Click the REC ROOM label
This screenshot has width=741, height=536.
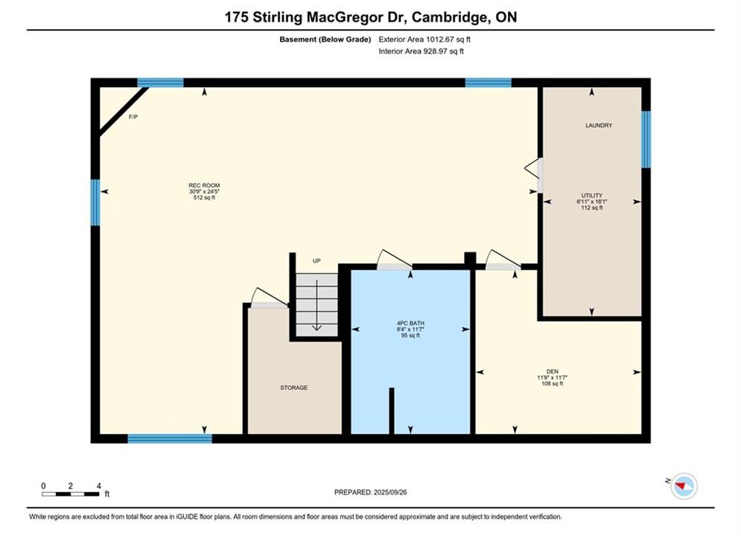pyautogui.click(x=204, y=185)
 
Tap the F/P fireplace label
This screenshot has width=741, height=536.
pyautogui.click(x=133, y=117)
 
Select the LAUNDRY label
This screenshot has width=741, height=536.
pyautogui.click(x=599, y=125)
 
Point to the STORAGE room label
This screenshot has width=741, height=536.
pyautogui.click(x=294, y=388)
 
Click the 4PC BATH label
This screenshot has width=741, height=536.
pyautogui.click(x=410, y=324)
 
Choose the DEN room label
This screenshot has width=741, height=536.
pyautogui.click(x=552, y=371)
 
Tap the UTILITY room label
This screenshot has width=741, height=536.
pyautogui.click(x=591, y=196)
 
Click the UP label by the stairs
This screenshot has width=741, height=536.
pyautogui.click(x=317, y=261)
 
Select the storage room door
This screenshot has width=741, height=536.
pyautogui.click(x=270, y=299)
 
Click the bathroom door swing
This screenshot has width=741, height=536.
pyautogui.click(x=395, y=261)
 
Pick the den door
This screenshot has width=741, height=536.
pyautogui.click(x=503, y=261)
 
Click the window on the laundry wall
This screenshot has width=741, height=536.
pyautogui.click(x=646, y=139)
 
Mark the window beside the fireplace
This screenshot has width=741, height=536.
pyautogui.click(x=160, y=83)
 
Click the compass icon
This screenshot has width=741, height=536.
pyautogui.click(x=684, y=485)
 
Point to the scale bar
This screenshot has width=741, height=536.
pyautogui.click(x=71, y=494)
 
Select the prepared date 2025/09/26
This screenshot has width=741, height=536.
pyautogui.click(x=390, y=492)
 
